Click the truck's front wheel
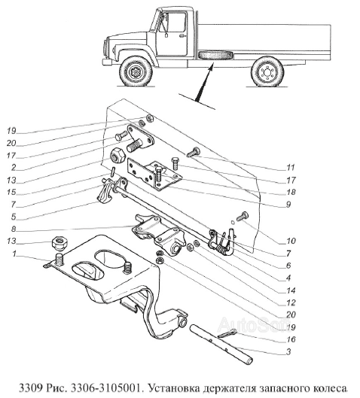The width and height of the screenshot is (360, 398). (x=136, y=71)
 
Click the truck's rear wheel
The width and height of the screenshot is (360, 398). (x=267, y=71)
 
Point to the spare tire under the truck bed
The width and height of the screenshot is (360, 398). (x=216, y=56)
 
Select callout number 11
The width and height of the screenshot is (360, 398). (x=291, y=168)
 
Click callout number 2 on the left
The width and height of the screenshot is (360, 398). (x=14, y=167)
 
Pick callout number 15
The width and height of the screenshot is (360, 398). (x=11, y=192)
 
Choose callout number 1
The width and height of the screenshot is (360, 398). (x=14, y=254)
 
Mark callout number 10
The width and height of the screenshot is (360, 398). (x=291, y=241)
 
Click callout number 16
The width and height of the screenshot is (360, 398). (x=291, y=339)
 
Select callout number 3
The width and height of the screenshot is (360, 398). (x=288, y=352)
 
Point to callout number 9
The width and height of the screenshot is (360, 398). (x=288, y=204)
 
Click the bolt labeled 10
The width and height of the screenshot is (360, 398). (x=243, y=216)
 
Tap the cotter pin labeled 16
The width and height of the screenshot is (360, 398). (x=227, y=333)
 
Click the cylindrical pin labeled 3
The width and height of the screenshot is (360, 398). (x=221, y=344)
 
